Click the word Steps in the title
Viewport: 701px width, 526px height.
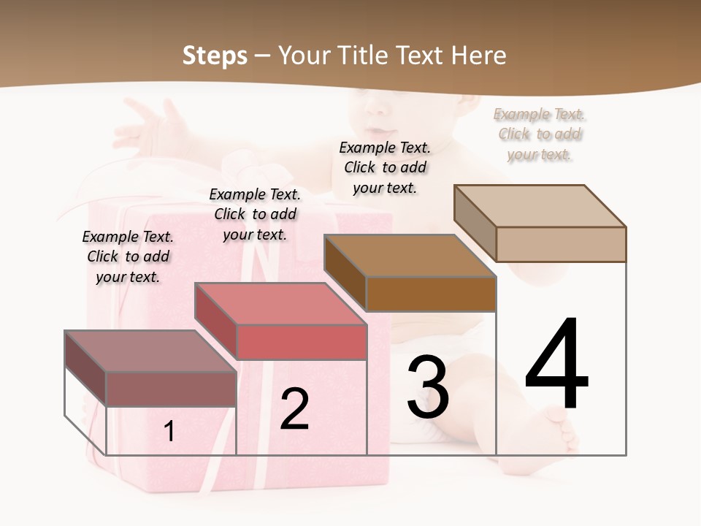[x=215, y=56]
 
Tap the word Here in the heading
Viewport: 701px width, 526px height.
[x=478, y=56]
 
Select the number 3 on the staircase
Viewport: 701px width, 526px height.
[x=428, y=387]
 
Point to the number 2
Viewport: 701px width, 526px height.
[x=294, y=409]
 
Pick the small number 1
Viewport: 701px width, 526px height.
[x=169, y=431]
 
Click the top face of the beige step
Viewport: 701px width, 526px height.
[x=540, y=206]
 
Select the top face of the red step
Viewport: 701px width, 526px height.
[x=280, y=304]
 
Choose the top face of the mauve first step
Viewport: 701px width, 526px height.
[x=150, y=351]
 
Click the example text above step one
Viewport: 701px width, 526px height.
[x=128, y=256]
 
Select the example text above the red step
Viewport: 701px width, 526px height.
[x=255, y=214]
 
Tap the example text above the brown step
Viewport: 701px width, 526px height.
[x=385, y=167]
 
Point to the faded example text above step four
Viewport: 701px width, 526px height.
[x=540, y=134]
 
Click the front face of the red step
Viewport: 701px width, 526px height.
[x=302, y=342]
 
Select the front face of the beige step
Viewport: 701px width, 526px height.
[x=561, y=244]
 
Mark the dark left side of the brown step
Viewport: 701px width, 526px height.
[x=345, y=272]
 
